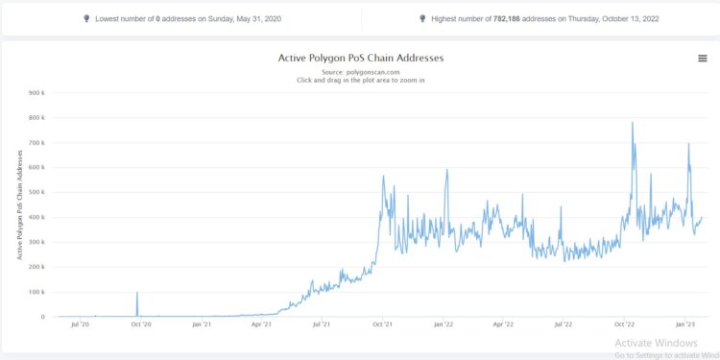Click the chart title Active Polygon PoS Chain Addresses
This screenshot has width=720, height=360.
[360, 58]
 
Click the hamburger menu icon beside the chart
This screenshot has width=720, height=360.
[703, 59]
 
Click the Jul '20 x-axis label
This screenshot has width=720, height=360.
[80, 326]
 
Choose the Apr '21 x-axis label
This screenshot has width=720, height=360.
[261, 326]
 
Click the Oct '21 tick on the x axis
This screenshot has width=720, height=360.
[382, 326]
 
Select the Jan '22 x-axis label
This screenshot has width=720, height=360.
[443, 326]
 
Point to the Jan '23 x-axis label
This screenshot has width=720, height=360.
[684, 326]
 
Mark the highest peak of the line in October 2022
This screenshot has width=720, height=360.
[632, 123]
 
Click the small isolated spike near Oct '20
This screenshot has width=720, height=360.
[137, 293]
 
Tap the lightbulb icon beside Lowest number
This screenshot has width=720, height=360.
[86, 18]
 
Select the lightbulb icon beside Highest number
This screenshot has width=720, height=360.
[422, 18]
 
